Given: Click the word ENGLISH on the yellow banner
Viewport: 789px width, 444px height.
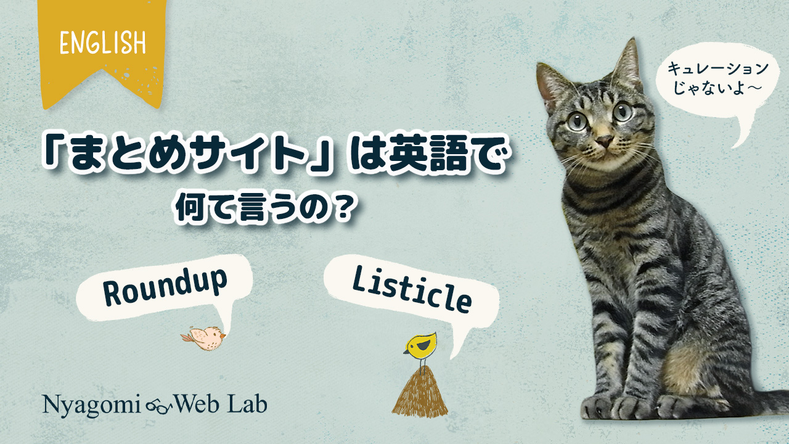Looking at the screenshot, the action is point(102,43).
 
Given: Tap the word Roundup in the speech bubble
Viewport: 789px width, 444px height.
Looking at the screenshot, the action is point(165,286).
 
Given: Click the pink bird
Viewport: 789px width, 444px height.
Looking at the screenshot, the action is point(203,338).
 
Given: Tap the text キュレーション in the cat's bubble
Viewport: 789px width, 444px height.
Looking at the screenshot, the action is point(718,68).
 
